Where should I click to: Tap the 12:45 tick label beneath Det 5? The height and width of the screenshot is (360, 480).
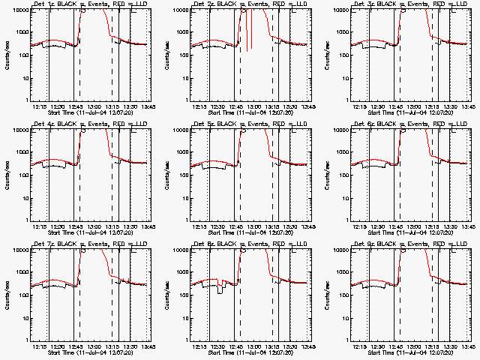tap(235, 226)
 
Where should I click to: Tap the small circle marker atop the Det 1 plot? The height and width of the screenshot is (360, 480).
tap(83, 10)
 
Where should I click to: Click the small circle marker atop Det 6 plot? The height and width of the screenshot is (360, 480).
tap(403, 130)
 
